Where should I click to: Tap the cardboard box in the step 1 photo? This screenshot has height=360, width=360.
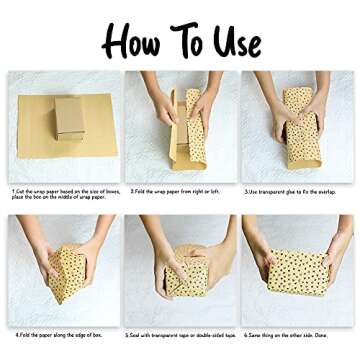[x=68, y=117]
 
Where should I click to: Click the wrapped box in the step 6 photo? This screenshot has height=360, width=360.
[x=297, y=271]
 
